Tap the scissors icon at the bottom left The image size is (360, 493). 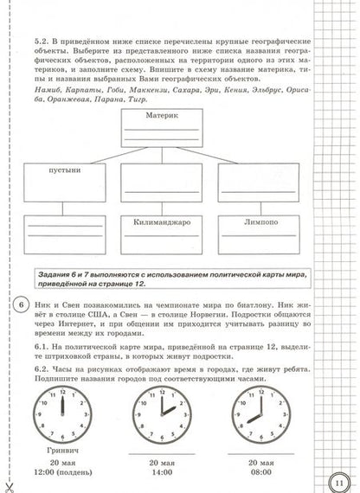[x=9, y=485]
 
